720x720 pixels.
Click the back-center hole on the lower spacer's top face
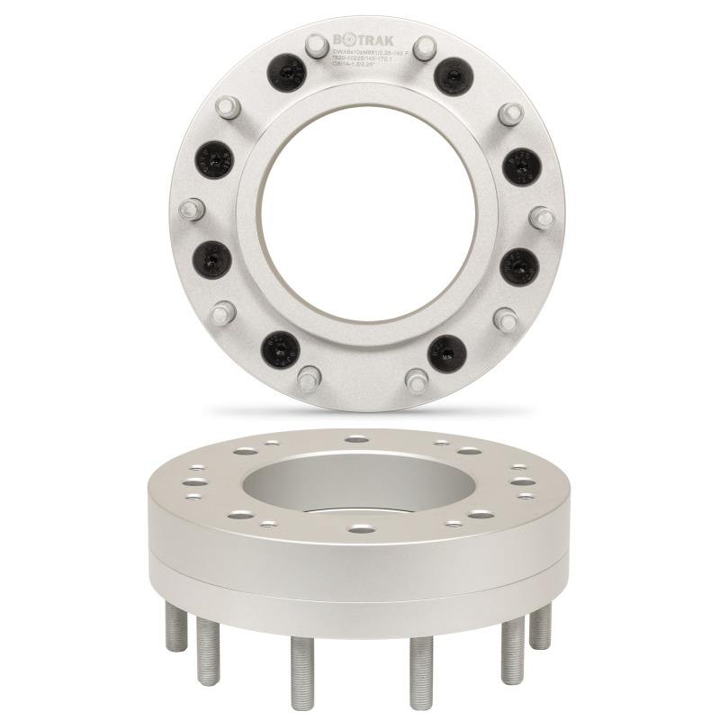tap(358, 441)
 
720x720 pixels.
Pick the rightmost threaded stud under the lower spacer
tap(541, 625)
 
